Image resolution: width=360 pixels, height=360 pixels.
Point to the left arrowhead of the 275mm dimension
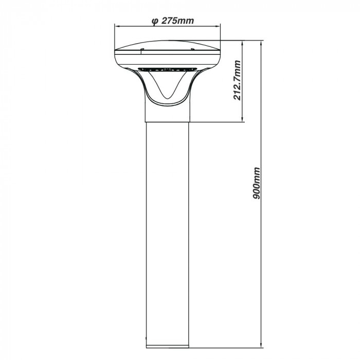(116, 28)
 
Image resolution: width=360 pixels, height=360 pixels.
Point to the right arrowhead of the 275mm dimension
(220, 28)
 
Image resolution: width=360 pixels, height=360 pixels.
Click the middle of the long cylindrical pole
(167, 231)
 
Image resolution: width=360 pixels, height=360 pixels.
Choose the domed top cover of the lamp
(168, 43)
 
